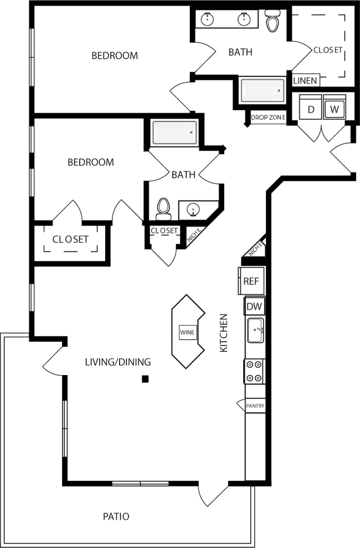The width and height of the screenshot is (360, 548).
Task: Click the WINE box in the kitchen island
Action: pos(187,332)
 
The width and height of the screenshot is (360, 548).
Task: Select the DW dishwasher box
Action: pos(254,306)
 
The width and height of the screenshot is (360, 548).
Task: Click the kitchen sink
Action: pos(255,331)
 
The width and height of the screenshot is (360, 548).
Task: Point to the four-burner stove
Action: pos(254,371)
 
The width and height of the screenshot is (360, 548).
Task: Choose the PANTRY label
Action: pos(255,406)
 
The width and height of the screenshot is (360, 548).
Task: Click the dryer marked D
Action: pos(311,109)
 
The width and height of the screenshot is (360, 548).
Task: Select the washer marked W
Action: pos(334,109)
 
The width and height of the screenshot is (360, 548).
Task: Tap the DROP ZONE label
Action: pos(268,117)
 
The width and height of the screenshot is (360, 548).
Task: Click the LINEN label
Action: pos(305,81)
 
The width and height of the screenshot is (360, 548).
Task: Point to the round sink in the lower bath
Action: pos(193,209)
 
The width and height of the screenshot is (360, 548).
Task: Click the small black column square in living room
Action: pos(145,379)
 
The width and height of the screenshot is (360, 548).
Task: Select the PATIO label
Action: pos(116,516)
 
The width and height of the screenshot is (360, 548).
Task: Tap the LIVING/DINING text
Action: pos(117,362)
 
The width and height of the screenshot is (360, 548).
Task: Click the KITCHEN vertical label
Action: pos(224,333)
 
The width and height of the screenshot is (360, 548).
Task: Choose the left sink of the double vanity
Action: pos(208,19)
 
